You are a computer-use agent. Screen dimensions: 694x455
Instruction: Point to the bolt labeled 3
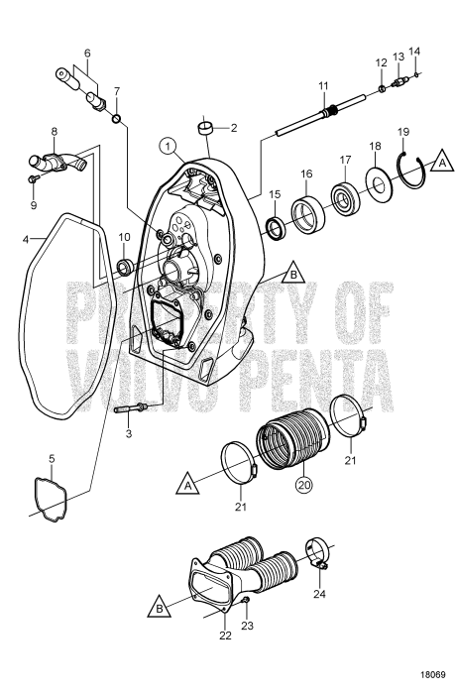(x=131, y=407)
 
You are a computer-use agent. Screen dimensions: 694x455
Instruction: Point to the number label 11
(x=322, y=85)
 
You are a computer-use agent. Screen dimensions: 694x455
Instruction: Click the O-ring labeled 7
(x=118, y=121)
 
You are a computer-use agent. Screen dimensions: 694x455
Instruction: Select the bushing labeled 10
(x=125, y=267)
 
